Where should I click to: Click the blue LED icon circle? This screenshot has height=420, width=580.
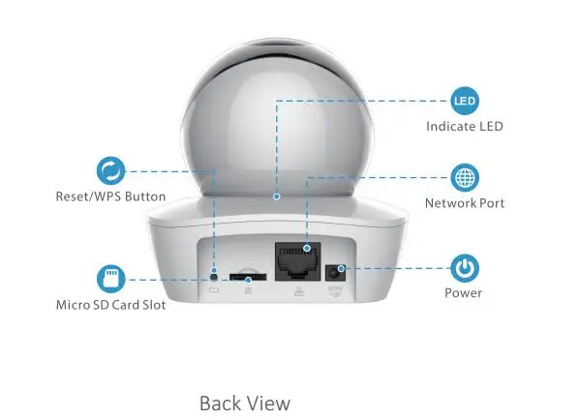click(x=465, y=101)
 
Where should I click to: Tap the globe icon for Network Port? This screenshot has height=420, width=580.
click(x=465, y=177)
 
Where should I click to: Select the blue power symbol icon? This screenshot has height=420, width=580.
click(x=465, y=268)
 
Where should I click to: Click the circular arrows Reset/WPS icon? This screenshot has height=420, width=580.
click(x=110, y=171)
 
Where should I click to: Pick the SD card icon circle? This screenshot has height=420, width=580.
click(x=110, y=279)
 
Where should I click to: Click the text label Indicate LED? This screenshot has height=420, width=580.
click(x=465, y=127)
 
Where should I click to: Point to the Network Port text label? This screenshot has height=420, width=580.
click(x=465, y=203)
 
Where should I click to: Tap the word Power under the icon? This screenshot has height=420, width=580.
click(x=463, y=293)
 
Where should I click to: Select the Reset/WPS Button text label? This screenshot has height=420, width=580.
click(x=110, y=196)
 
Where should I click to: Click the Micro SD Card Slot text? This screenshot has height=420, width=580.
click(x=110, y=305)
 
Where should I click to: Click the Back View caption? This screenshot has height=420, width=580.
click(x=245, y=403)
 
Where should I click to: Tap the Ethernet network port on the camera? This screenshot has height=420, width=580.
click(x=297, y=261)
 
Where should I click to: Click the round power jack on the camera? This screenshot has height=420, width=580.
click(x=334, y=274)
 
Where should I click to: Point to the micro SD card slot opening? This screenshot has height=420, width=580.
click(x=248, y=277)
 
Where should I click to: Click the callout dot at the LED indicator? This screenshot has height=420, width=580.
click(x=276, y=196)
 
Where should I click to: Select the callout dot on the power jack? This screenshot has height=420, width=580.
click(x=341, y=268)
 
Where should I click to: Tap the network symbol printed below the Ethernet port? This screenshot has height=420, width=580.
click(x=298, y=292)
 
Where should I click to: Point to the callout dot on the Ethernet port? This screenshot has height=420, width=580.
click(x=307, y=248)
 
